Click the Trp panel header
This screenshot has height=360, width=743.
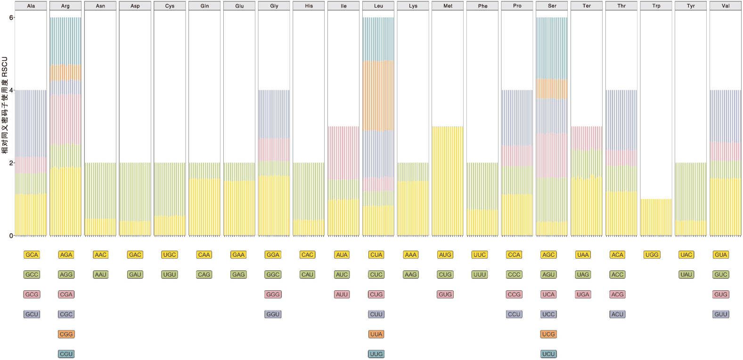pos(656,6)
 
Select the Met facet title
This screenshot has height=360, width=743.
pos(448,6)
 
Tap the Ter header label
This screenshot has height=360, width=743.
pos(587,6)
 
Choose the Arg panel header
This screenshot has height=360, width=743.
pos(65,6)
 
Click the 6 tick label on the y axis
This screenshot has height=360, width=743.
pos(11,17)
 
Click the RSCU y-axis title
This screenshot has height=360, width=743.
pos(5,105)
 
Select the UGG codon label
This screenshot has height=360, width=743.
pos(652,254)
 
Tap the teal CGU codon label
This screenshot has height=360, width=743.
pos(66,354)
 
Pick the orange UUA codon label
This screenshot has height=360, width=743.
pos(376,334)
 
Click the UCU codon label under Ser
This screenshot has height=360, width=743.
pos(548,354)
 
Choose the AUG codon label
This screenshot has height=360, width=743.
pos(445,254)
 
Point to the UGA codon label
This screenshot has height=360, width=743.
pos(583,294)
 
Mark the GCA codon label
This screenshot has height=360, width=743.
pos(32,254)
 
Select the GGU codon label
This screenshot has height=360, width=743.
pos(273,314)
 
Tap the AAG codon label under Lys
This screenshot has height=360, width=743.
pos(410,274)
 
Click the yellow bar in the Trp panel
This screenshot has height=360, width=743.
pos(656,217)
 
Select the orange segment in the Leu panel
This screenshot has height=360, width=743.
pos(378,96)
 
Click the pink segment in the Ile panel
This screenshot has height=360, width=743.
pos(343,153)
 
